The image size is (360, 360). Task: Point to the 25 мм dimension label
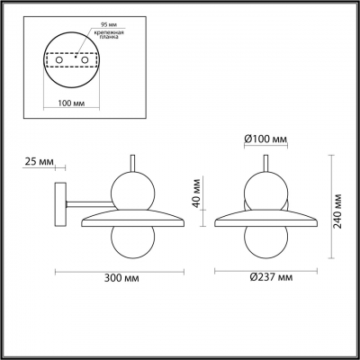(x=40, y=162)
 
